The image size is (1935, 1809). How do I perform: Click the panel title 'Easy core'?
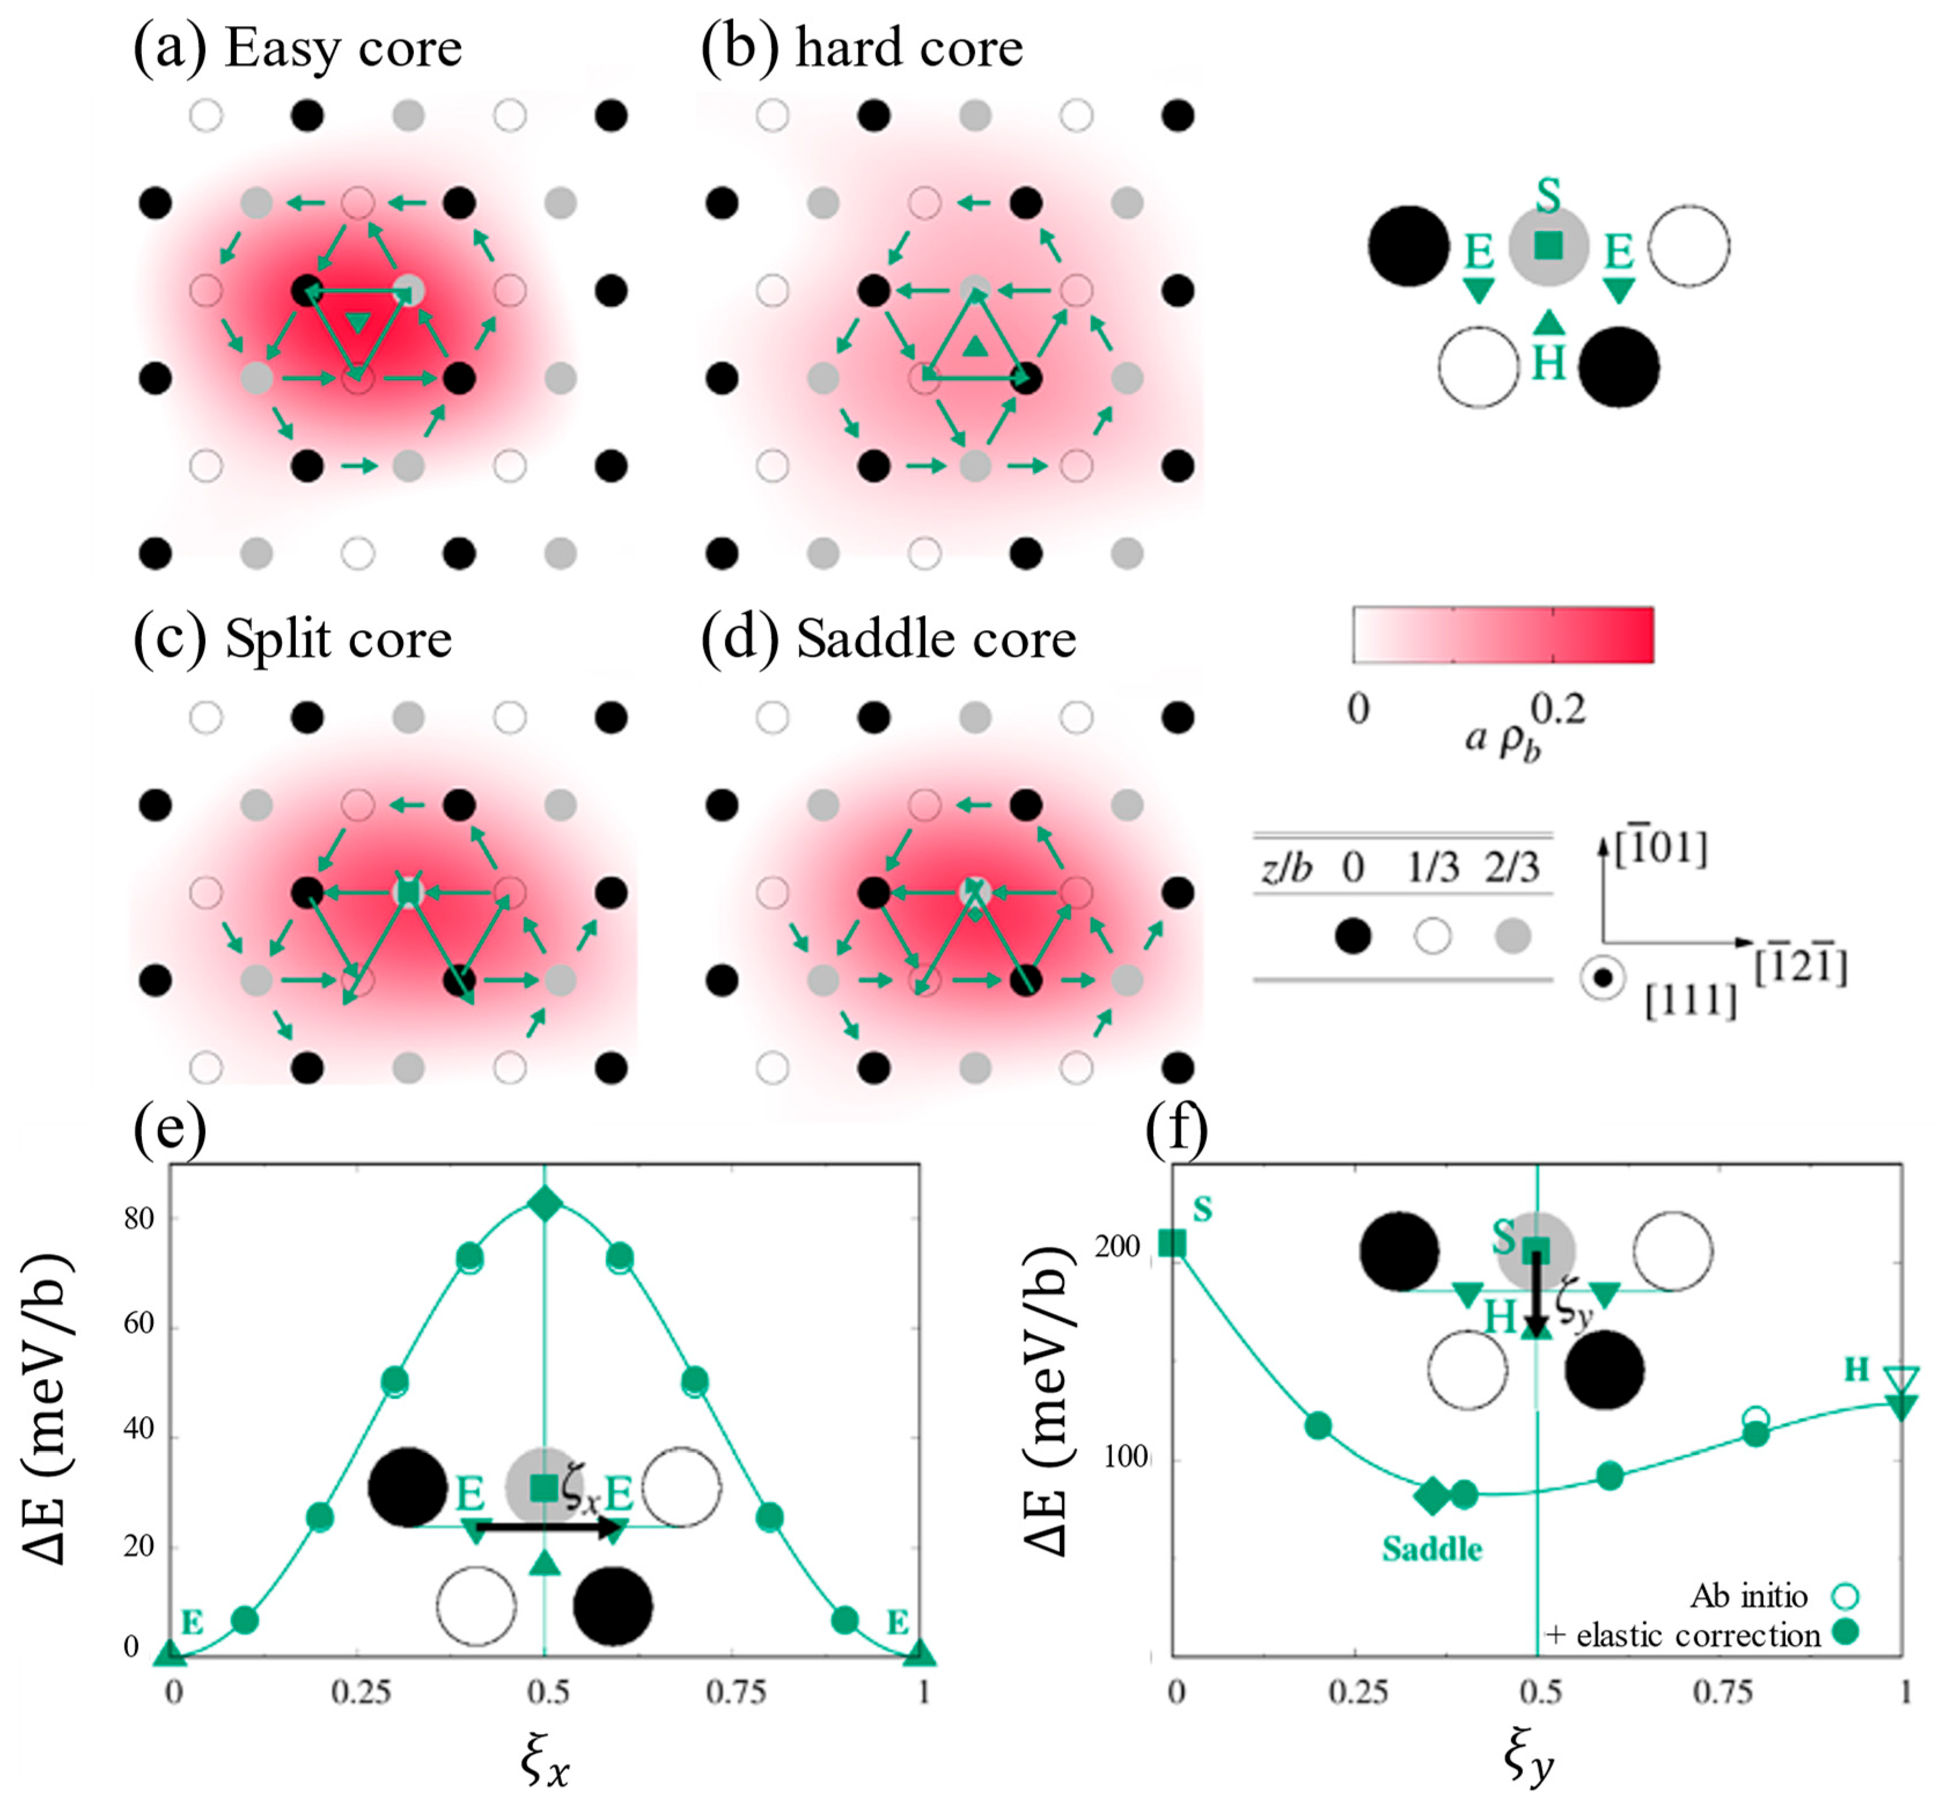click(343, 49)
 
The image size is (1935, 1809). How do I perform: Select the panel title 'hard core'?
click(909, 49)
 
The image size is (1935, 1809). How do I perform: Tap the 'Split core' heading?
click(338, 639)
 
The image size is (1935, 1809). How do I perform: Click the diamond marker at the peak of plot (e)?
click(545, 1204)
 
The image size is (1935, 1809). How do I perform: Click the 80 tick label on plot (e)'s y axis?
click(139, 1219)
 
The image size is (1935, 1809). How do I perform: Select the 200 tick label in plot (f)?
click(1117, 1247)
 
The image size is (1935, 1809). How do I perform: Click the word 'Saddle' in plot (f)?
click(1432, 1549)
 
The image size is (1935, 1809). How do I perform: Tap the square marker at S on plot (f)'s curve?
click(1173, 1243)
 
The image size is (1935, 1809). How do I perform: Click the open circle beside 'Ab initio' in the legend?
click(1845, 1596)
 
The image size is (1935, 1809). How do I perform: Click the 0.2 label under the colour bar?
click(1558, 709)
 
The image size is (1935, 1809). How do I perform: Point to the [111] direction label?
click(1691, 1000)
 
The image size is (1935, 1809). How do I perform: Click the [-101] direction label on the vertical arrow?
click(1661, 849)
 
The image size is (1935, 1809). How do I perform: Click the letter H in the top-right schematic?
click(1548, 364)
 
